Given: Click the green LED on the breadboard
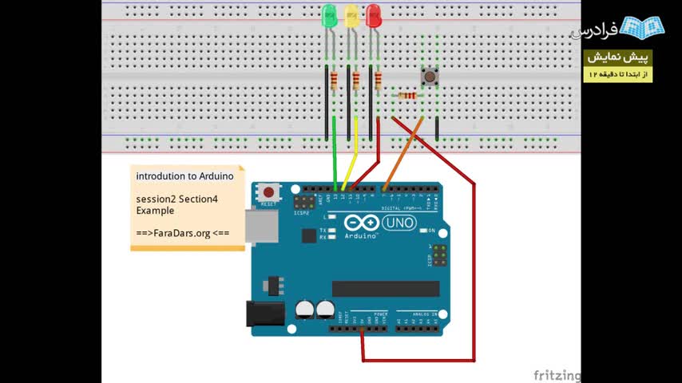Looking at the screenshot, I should [329, 16].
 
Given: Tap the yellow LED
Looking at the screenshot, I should [351, 16].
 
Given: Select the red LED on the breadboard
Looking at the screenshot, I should [373, 16].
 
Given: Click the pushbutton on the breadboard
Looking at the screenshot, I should [430, 77].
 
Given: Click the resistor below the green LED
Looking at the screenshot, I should [335, 79].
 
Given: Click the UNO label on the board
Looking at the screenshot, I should [398, 223].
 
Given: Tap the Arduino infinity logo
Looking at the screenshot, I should [361, 223].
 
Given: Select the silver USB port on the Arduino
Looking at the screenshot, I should [260, 227].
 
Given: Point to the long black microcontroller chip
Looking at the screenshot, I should [386, 289].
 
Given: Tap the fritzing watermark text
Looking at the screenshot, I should [557, 375].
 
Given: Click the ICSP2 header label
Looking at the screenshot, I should [301, 213].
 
